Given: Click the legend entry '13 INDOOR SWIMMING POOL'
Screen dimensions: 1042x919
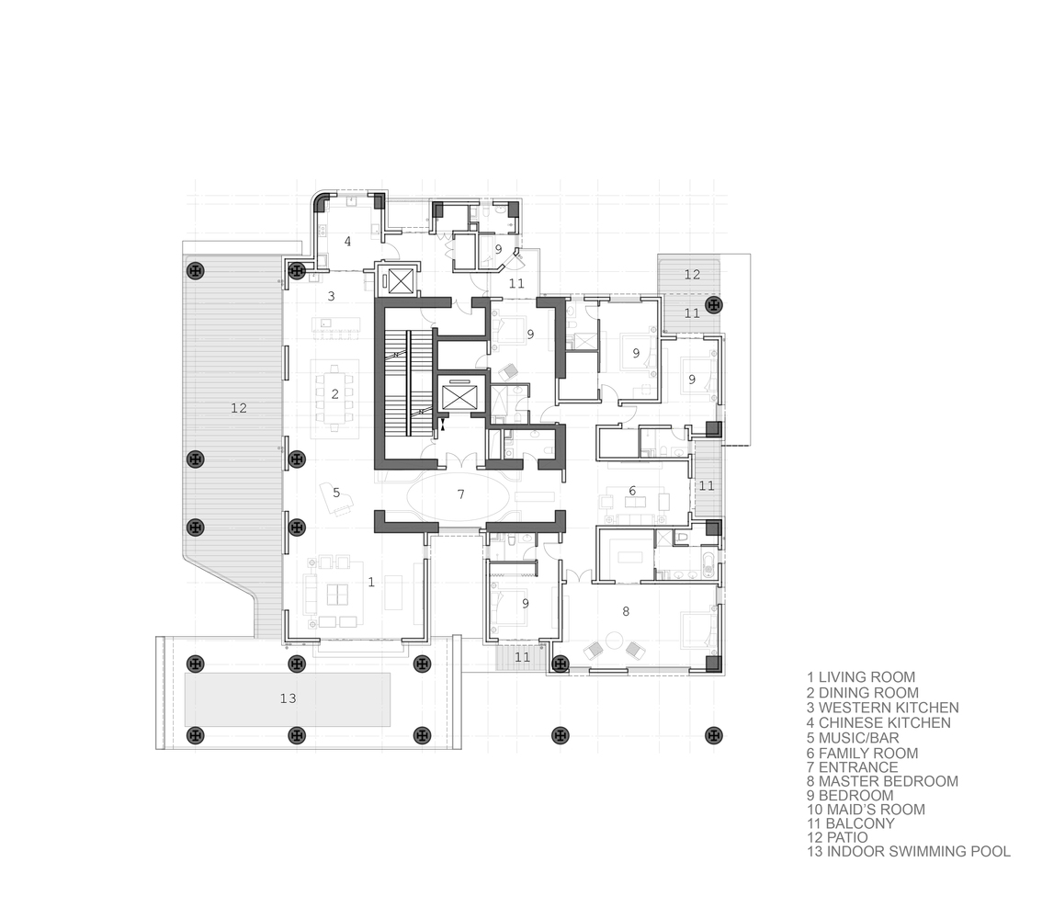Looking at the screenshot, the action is click(x=909, y=851).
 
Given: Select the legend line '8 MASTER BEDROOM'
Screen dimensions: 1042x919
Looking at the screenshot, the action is click(x=882, y=781).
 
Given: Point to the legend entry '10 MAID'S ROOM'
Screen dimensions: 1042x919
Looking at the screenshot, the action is click(x=866, y=810).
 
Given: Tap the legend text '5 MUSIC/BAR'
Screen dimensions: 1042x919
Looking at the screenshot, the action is click(x=853, y=738).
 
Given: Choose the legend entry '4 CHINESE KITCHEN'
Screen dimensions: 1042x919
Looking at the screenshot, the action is click(x=878, y=722).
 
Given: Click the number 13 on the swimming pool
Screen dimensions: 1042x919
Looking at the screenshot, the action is click(x=288, y=698).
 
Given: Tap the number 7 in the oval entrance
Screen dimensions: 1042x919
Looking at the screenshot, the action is click(x=460, y=494).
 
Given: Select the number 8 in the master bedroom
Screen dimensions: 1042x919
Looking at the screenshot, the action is click(x=626, y=610).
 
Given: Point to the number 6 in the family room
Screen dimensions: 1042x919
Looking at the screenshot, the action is click(x=632, y=491).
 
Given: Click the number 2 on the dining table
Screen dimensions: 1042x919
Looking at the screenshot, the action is click(x=335, y=394).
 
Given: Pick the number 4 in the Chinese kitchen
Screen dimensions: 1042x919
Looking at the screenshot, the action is click(x=347, y=241).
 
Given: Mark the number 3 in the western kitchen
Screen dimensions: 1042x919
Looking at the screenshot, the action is click(x=331, y=296).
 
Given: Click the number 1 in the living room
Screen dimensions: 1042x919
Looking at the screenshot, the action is click(x=371, y=582).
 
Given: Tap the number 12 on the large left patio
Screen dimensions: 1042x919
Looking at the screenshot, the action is click(x=239, y=408).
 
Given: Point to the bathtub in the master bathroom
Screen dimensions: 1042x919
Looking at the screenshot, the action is click(x=709, y=567).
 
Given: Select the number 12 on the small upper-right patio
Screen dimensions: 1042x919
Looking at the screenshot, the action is click(x=693, y=274).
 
